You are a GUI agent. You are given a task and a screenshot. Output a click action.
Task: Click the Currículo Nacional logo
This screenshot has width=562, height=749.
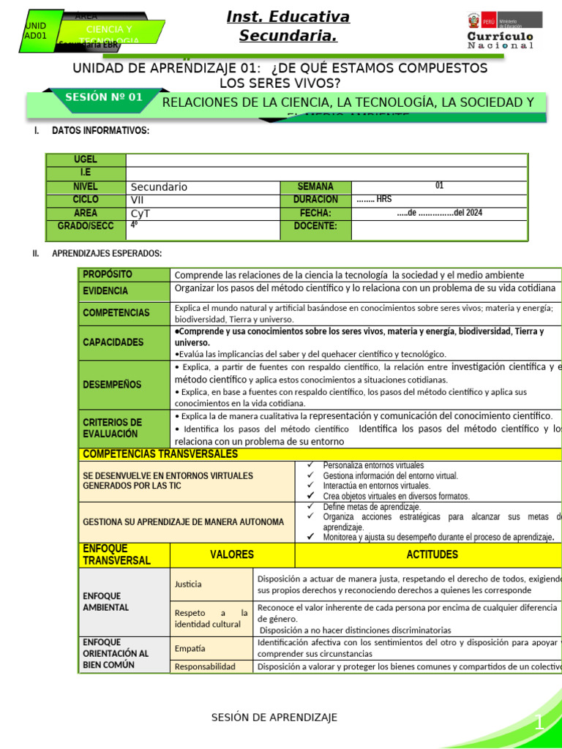coord(501,30)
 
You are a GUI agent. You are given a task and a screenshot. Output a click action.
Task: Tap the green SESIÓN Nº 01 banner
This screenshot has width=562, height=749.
coord(103,97)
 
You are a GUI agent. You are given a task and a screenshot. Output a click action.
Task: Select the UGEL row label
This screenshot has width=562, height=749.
coord(86,160)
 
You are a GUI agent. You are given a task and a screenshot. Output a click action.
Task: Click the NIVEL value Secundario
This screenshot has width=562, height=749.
coord(159,187)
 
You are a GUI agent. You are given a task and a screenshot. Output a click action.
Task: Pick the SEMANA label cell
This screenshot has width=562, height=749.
coord(315,187)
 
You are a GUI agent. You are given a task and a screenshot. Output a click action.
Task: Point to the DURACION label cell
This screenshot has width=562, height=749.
coord(315,200)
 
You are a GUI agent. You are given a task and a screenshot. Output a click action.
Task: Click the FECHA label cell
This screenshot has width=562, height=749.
coord(315,213)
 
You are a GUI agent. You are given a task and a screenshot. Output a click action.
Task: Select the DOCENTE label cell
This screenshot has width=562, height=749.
coord(315,226)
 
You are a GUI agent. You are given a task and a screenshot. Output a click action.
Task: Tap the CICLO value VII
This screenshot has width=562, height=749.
coord(138,200)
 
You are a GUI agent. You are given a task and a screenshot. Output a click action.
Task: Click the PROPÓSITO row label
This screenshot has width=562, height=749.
coord(108,274)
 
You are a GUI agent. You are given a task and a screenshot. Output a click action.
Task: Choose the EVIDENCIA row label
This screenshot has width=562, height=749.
coord(105,290)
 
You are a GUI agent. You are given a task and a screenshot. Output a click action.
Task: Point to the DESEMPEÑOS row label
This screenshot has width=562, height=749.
coord(112,384)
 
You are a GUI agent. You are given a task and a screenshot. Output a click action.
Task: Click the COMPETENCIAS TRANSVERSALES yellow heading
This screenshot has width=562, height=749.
coord(160,454)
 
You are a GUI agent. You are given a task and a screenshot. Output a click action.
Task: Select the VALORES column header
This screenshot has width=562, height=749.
coord(232,554)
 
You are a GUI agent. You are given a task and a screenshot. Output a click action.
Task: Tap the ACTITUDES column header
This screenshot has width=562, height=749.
coord(432,554)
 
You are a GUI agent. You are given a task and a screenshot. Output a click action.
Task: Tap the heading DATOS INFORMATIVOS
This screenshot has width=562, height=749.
coord(100,131)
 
